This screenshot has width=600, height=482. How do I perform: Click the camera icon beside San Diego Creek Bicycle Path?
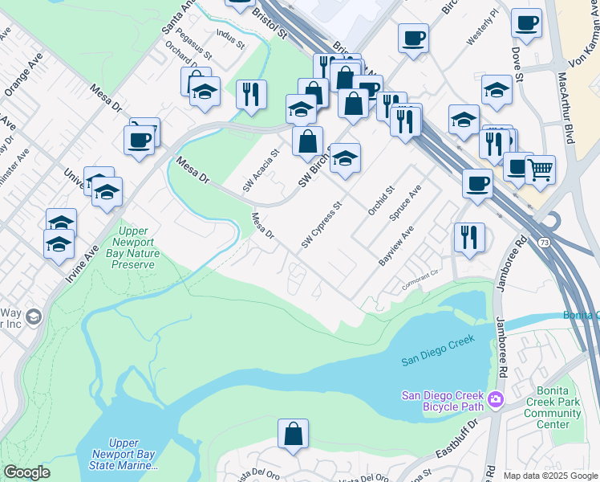point(496,398)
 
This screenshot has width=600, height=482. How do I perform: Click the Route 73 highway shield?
point(544,243)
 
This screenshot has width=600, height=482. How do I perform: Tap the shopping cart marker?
point(540,170)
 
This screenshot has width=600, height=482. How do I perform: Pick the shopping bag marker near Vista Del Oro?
point(293,434)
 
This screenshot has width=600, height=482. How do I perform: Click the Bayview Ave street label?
point(395,247)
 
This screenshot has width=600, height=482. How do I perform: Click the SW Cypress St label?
point(322,225)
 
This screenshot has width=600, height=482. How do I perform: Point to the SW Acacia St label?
point(261,170)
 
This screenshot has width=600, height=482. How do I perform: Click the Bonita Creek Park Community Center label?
point(553,407)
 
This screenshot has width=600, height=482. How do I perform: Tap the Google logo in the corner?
point(26,472)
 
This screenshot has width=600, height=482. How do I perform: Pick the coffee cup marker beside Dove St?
point(526,24)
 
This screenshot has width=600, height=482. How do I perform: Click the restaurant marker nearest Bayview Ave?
point(469,237)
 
